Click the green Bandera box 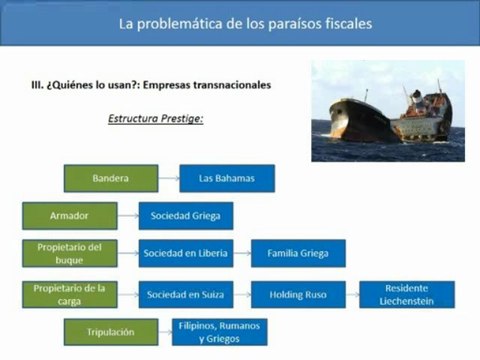click(x=110, y=178)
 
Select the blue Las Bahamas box click(x=227, y=178)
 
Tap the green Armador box click(x=69, y=215)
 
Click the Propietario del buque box click(x=69, y=253)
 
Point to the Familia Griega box click(x=297, y=253)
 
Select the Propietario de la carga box click(x=69, y=294)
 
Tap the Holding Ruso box click(x=297, y=294)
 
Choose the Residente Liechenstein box click(x=406, y=294)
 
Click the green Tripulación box click(x=110, y=332)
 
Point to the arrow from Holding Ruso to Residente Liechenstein click(x=350, y=294)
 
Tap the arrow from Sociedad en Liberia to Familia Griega click(x=242, y=253)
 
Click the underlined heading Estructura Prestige click(x=155, y=118)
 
